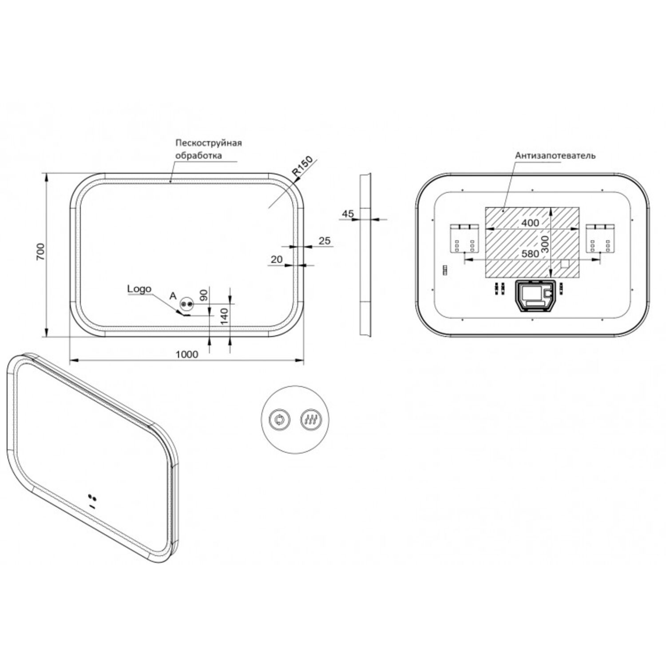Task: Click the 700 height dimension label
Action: tap(40, 252)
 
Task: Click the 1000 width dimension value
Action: tap(187, 354)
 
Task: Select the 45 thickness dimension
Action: tap(348, 214)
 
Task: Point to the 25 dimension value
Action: tap(325, 241)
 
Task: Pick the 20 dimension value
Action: tap(276, 259)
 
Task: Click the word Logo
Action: tap(139, 289)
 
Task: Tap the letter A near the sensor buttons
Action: tap(173, 296)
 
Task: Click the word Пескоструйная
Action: tap(208, 143)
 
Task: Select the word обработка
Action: tap(198, 156)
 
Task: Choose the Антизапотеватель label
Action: tap(555, 156)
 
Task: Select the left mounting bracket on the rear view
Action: tap(465, 238)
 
